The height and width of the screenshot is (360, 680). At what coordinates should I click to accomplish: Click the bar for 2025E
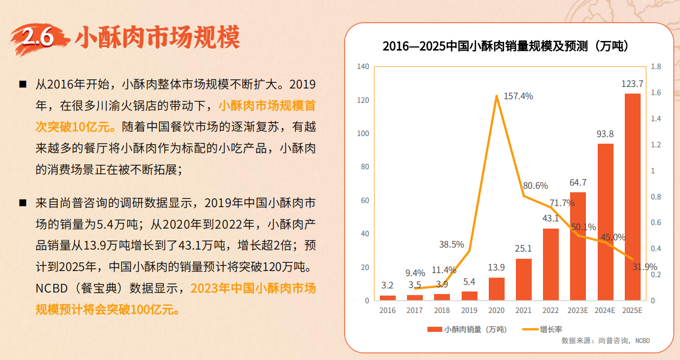[x=632, y=197]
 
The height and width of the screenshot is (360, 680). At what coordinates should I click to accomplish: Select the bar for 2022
[x=551, y=264]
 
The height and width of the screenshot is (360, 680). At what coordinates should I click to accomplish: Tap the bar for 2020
[x=496, y=289]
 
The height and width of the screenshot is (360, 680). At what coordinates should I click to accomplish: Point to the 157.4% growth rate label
[x=518, y=96]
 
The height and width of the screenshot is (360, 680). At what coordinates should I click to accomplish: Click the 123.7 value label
[x=632, y=84]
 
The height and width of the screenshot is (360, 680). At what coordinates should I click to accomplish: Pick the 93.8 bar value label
[x=605, y=134]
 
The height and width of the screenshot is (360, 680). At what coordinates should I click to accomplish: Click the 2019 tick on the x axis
[x=469, y=310]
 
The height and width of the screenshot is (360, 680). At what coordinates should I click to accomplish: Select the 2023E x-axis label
[x=578, y=310]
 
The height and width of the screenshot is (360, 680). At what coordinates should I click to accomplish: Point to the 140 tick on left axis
[x=363, y=66]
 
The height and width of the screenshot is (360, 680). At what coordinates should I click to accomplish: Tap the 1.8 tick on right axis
[x=655, y=66]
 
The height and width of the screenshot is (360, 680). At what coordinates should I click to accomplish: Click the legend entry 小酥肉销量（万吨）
[x=467, y=330]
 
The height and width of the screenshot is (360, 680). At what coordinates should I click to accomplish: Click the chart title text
[x=506, y=47]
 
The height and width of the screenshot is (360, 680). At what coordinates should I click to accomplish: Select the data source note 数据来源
[x=606, y=341]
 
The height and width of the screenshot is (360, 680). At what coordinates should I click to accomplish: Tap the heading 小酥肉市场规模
[x=157, y=37]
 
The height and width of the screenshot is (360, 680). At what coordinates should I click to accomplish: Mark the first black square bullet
[x=22, y=84]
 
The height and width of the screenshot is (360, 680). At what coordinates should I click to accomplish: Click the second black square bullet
[x=22, y=202]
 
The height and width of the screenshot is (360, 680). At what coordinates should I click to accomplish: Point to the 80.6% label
[x=535, y=186]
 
